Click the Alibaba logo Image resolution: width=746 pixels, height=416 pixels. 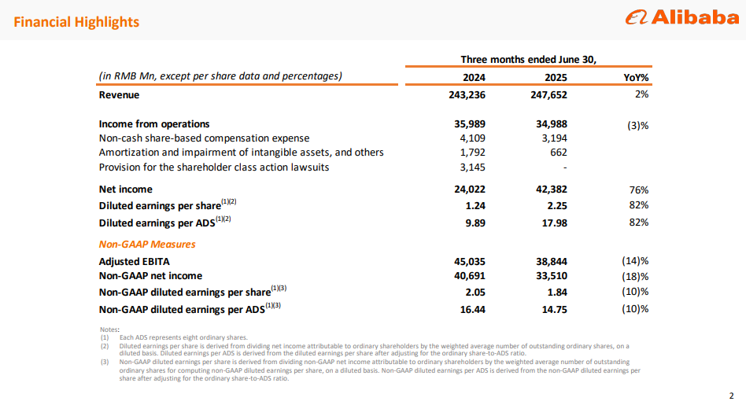tap(681, 17)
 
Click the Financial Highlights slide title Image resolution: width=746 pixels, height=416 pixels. tap(76, 22)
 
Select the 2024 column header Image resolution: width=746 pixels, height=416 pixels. tap(474, 78)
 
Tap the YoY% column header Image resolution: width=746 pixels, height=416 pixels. tap(636, 78)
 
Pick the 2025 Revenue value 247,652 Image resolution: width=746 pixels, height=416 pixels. tap(548, 95)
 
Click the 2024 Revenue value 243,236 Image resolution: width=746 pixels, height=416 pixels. tap(467, 95)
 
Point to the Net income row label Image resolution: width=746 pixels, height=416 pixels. tap(126, 190)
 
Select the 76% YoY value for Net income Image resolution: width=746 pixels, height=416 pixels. tap(639, 190)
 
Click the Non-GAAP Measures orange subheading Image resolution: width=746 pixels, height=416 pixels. tap(147, 245)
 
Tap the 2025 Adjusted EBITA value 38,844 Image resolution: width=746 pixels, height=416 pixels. tap(552, 262)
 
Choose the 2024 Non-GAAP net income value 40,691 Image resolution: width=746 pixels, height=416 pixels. tap(470, 276)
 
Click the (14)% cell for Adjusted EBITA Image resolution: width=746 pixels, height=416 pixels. tap(635, 261)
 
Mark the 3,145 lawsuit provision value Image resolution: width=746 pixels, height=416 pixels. tap(472, 168)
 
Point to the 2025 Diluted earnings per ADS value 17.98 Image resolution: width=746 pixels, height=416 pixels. tap(554, 223)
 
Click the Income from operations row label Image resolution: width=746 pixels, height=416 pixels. tap(154, 124)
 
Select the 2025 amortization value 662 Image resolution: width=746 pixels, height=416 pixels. tap(559, 153)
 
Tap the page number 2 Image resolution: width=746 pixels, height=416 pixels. tap(731, 396)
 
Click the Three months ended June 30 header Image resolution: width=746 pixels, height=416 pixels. tap(528, 60)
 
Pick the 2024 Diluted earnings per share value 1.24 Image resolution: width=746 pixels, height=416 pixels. tap(475, 206)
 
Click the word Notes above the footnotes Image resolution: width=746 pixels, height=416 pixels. tap(109, 329)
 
